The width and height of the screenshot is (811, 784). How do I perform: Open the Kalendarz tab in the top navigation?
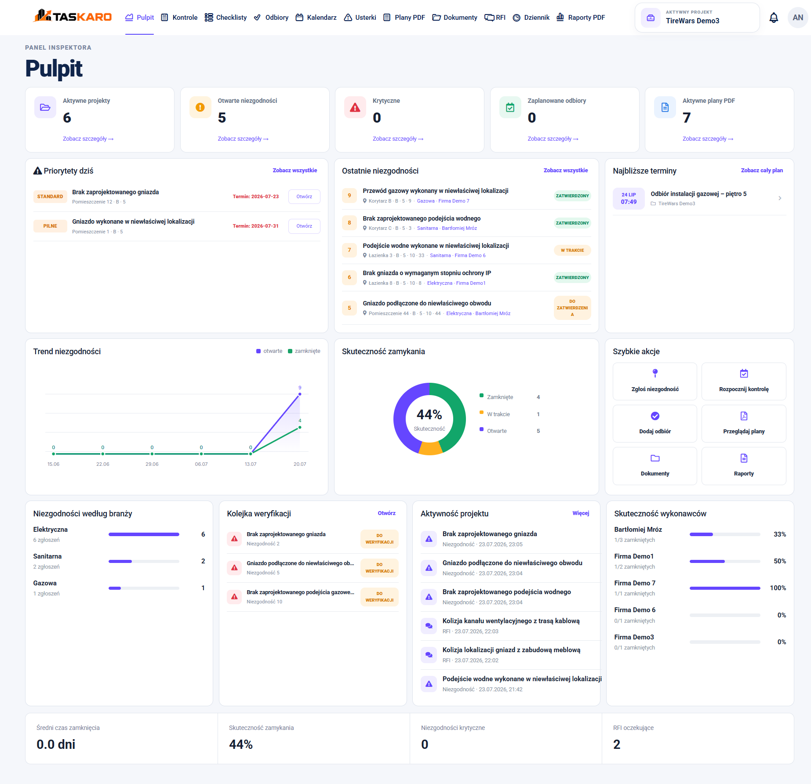click(x=316, y=18)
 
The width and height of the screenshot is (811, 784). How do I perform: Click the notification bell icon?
click(x=774, y=18)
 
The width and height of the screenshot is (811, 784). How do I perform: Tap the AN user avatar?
click(x=798, y=18)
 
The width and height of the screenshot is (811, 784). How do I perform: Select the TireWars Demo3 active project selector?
click(x=697, y=18)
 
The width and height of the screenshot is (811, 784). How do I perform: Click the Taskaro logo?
click(x=73, y=16)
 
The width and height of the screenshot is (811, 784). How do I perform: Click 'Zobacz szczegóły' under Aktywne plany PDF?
click(x=708, y=139)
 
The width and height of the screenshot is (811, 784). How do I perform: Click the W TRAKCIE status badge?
click(x=572, y=250)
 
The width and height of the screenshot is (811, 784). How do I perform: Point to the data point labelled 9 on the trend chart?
click(x=300, y=394)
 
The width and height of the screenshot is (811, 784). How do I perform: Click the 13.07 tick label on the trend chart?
click(x=251, y=464)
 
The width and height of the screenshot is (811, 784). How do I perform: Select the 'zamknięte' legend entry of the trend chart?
click(x=304, y=351)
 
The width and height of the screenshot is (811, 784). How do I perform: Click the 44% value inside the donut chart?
click(x=429, y=414)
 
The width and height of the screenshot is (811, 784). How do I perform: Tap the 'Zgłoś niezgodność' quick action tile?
click(x=655, y=381)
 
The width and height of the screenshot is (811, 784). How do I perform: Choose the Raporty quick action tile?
click(x=744, y=466)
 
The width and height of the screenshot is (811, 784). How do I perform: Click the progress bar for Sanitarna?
click(x=144, y=561)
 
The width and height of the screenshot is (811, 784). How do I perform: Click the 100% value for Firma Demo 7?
click(x=778, y=588)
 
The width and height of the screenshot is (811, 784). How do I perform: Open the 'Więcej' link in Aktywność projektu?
click(x=581, y=513)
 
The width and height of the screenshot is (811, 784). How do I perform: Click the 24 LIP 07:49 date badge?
click(x=629, y=198)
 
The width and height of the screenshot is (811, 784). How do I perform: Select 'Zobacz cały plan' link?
click(x=762, y=171)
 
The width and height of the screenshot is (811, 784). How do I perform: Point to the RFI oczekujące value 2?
click(x=617, y=744)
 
